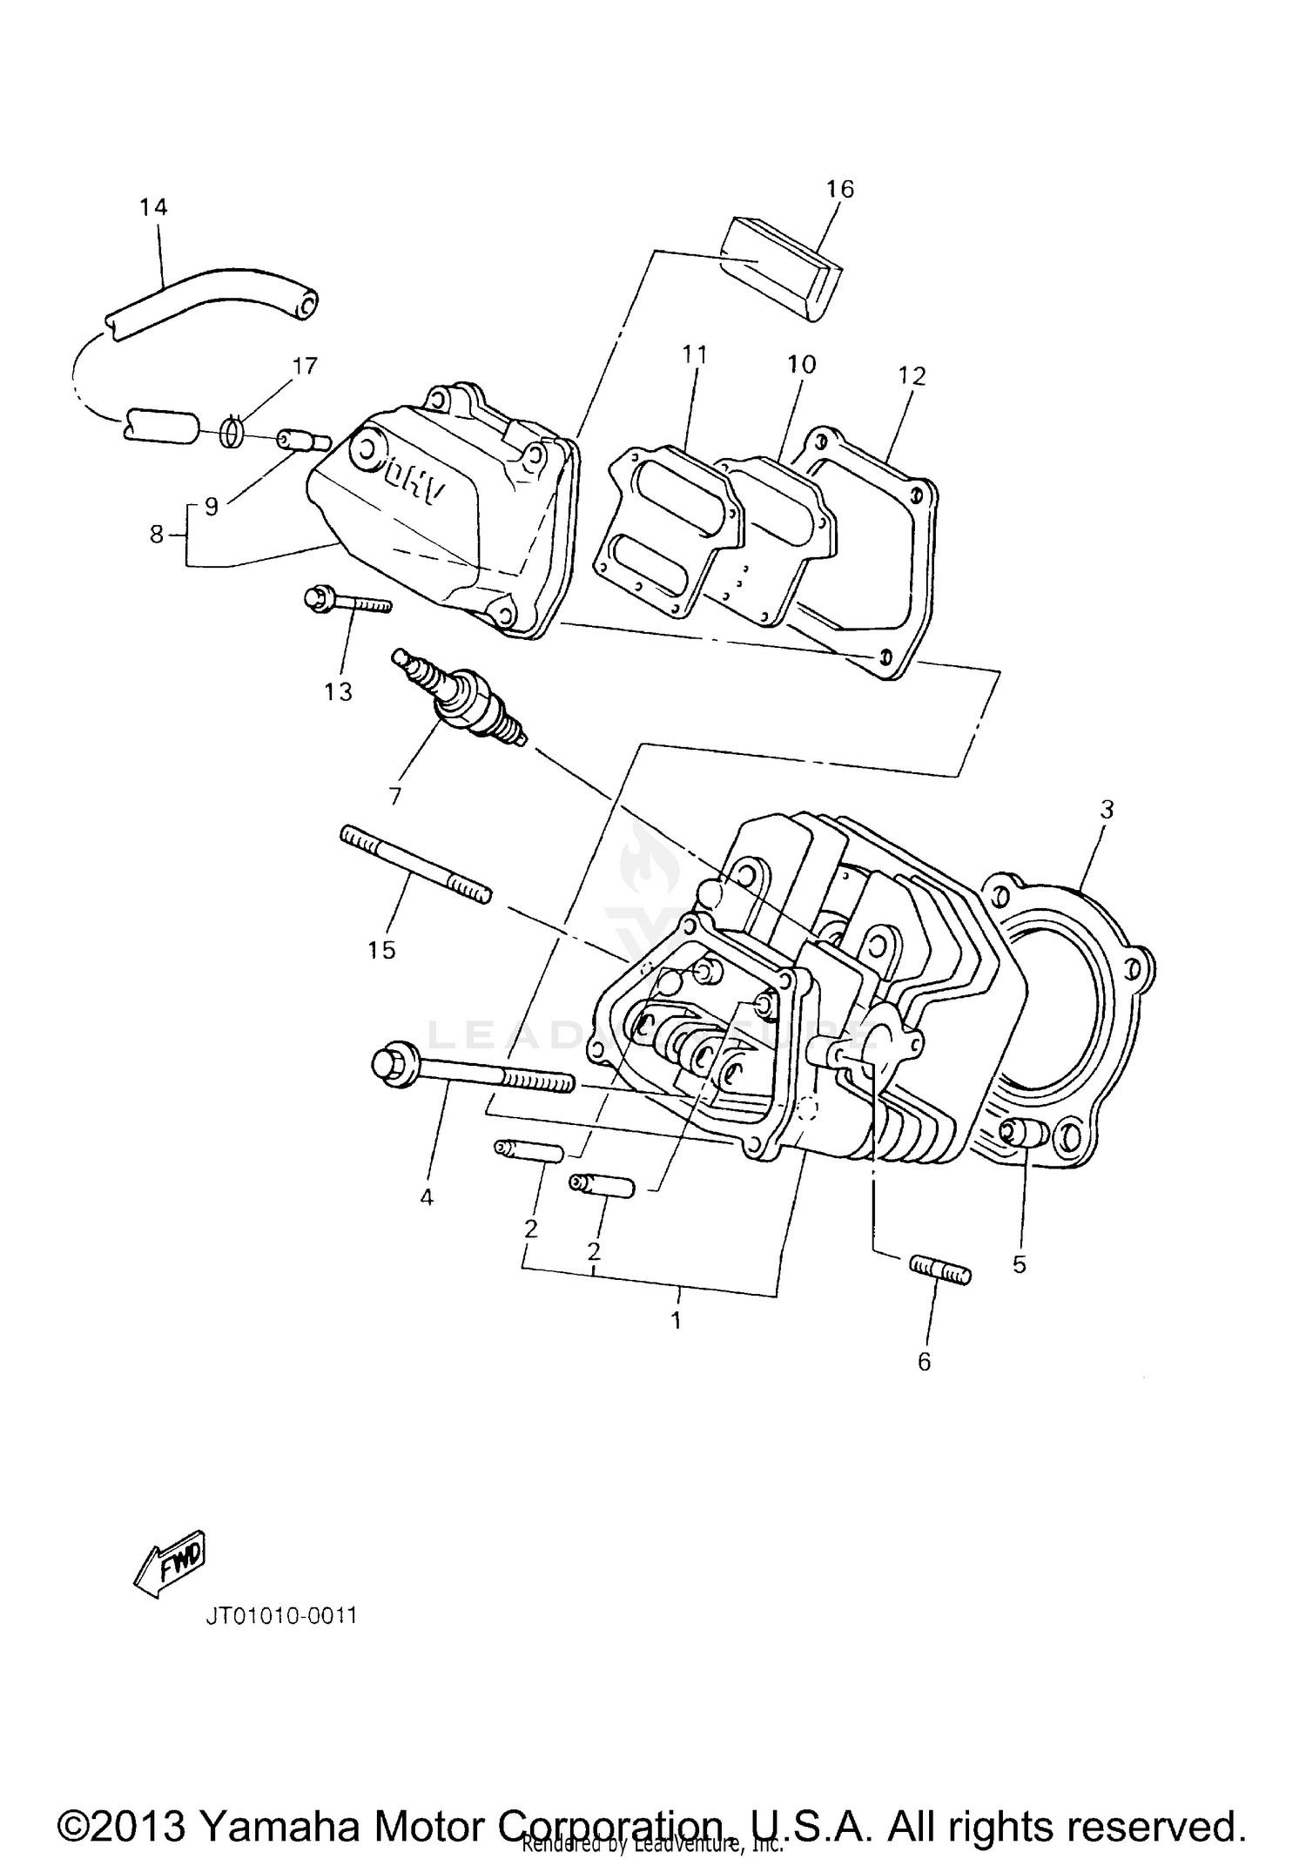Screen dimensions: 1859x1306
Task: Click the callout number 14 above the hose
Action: [x=153, y=207]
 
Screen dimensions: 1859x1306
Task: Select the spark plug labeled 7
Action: [x=461, y=698]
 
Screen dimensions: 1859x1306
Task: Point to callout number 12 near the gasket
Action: [x=912, y=376]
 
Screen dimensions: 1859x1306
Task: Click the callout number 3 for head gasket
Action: [x=1106, y=810]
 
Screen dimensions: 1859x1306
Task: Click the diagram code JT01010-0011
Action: [x=281, y=1616]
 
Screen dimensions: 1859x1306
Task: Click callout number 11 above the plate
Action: [x=695, y=354]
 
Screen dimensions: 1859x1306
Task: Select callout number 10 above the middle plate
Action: [x=801, y=364]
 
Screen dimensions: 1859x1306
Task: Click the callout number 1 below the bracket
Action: [x=676, y=1320]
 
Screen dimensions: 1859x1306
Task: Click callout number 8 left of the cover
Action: [x=157, y=535]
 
